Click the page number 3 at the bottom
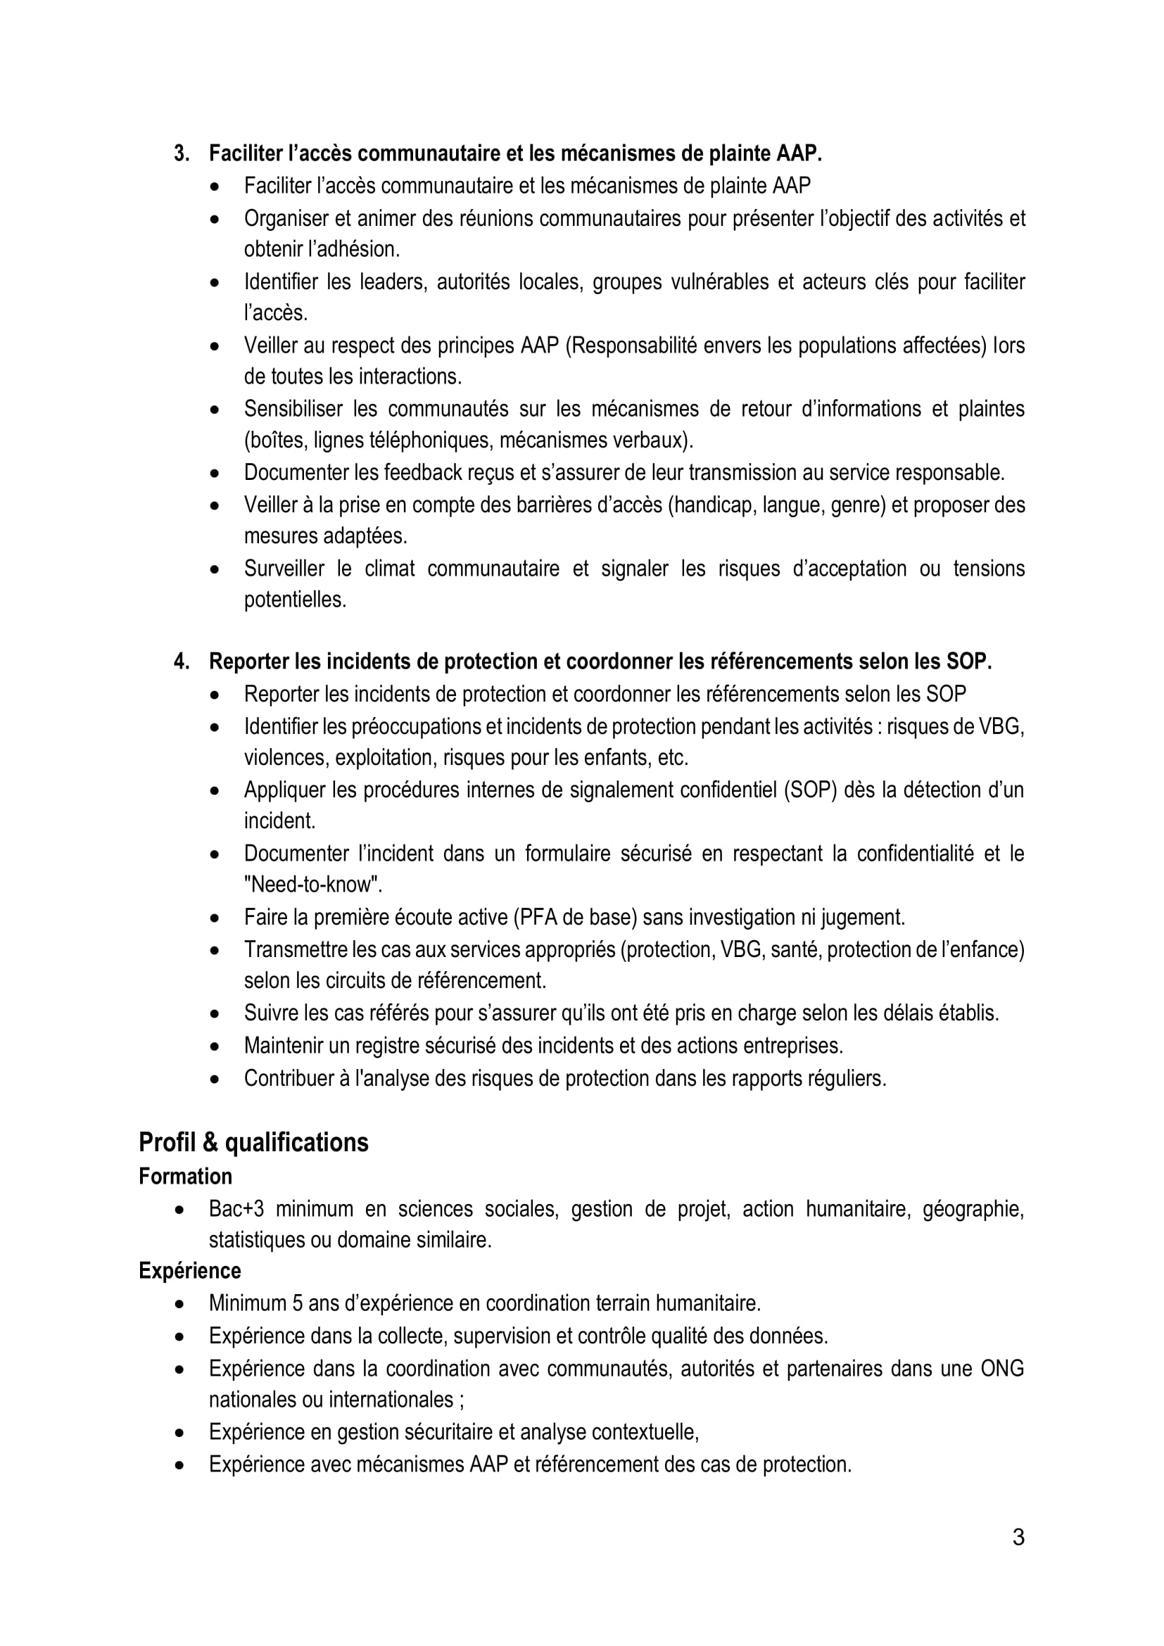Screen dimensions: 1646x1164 point(1018,1537)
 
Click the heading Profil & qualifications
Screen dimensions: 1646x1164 point(253,1142)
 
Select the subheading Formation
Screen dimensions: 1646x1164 point(185,1177)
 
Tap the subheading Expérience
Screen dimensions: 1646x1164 point(189,1270)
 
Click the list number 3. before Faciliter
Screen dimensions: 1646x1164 point(182,153)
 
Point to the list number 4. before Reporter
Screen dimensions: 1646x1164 point(182,661)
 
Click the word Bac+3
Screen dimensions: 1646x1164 point(236,1209)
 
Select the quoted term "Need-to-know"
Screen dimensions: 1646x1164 point(312,885)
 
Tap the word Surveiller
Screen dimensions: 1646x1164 point(284,569)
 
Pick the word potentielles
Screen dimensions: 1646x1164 point(295,600)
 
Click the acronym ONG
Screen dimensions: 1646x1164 point(1002,1368)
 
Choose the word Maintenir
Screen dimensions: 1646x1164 point(283,1045)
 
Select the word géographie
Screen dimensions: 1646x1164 point(973,1209)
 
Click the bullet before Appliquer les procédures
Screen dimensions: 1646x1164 point(215,791)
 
